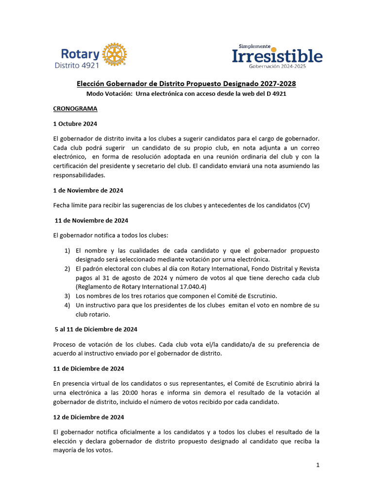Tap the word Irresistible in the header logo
(x=277, y=56)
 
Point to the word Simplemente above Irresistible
(x=251, y=46)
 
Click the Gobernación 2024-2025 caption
(x=277, y=66)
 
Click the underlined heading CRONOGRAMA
(x=75, y=108)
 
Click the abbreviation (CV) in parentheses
(x=304, y=205)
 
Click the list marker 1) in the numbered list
(x=68, y=250)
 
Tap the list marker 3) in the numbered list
(x=68, y=296)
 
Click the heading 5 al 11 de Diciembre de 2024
(x=96, y=329)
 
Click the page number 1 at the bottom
(x=318, y=465)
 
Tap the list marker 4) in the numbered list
(x=68, y=305)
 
